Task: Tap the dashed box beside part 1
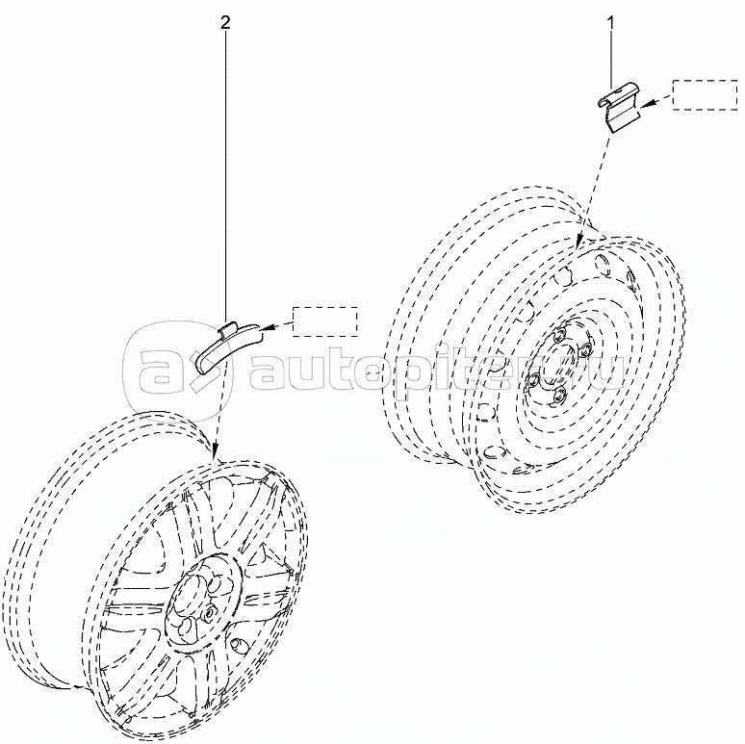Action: click(x=702, y=96)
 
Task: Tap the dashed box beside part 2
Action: click(x=324, y=321)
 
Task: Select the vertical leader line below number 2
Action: click(x=227, y=173)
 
